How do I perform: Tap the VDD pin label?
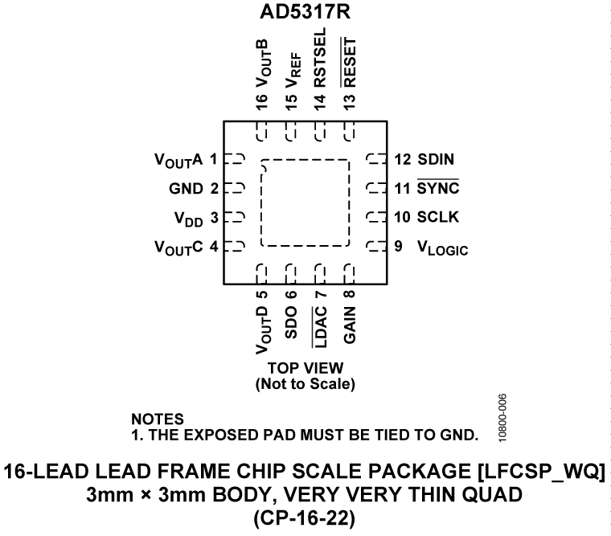[x=190, y=218]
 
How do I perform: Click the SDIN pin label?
[x=437, y=159]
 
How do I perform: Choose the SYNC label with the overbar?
[x=438, y=189]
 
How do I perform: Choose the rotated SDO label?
[x=292, y=321]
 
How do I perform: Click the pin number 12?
[x=403, y=159]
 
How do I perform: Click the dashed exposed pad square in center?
[x=305, y=203]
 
